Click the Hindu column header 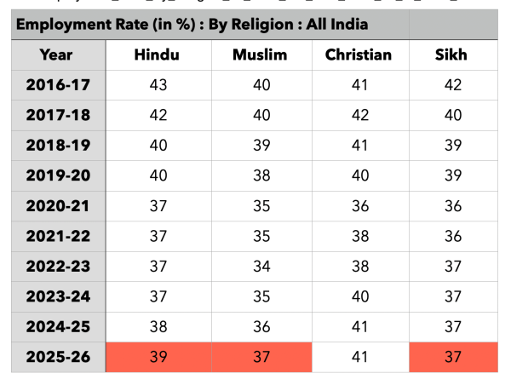[x=157, y=55]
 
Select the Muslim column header [x=260, y=55]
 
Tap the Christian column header [x=359, y=55]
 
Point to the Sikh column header [x=451, y=55]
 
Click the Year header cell [x=56, y=55]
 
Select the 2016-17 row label [x=58, y=85]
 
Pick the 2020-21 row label [x=58, y=206]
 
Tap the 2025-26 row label [x=58, y=357]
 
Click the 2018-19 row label [x=58, y=146]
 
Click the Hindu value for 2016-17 [x=158, y=85]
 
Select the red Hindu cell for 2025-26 [x=158, y=357]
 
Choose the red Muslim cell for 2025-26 [x=261, y=357]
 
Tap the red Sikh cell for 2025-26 [x=453, y=357]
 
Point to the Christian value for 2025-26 [x=359, y=357]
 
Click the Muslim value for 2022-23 [x=261, y=267]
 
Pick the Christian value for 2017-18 [x=360, y=115]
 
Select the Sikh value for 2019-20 [x=453, y=175]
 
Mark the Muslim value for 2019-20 [x=261, y=175]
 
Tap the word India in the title [x=350, y=24]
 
